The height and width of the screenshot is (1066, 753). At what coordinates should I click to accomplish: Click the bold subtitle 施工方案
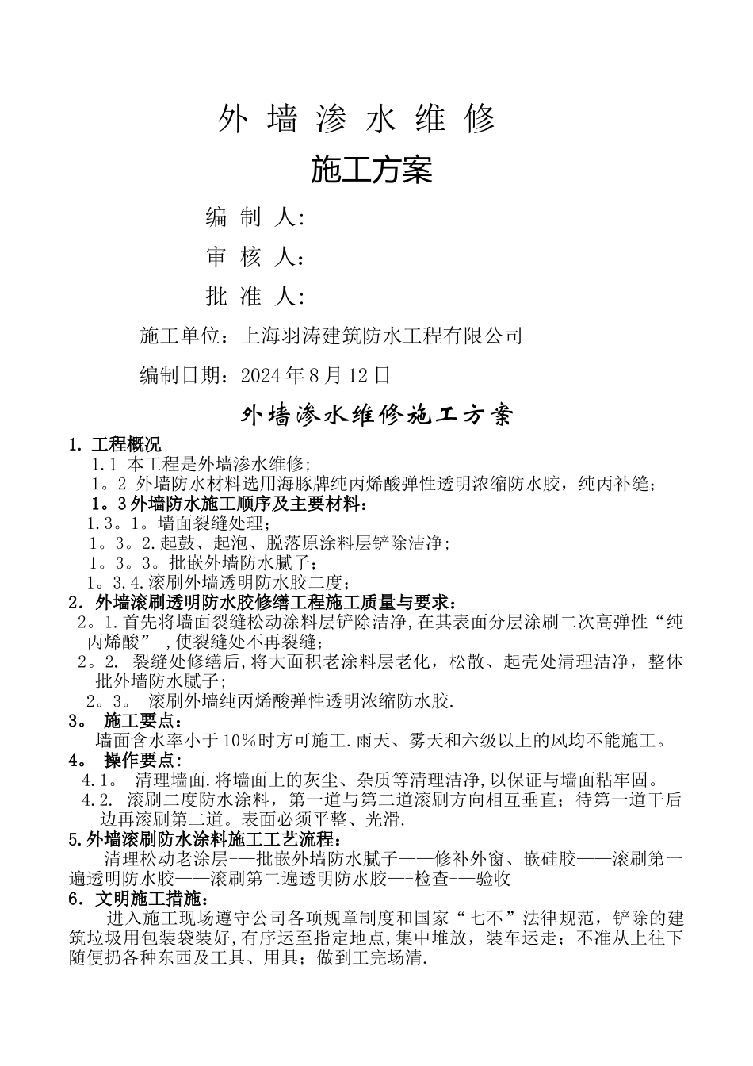371,170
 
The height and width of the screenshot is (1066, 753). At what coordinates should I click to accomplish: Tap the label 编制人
254,217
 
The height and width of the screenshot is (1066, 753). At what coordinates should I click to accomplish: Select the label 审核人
254,257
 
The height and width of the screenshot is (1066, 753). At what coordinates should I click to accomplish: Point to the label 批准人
254,297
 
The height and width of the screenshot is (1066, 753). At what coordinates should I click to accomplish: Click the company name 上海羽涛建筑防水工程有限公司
381,336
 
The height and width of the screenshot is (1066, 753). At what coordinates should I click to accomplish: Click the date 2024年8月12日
315,374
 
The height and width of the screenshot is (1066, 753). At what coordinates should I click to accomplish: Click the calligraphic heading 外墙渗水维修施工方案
377,415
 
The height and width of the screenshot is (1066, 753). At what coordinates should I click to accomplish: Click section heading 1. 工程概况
115,444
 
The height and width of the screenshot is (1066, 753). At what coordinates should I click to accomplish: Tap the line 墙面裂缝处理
214,523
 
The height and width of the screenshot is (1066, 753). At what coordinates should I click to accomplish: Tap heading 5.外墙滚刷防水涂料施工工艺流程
206,839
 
